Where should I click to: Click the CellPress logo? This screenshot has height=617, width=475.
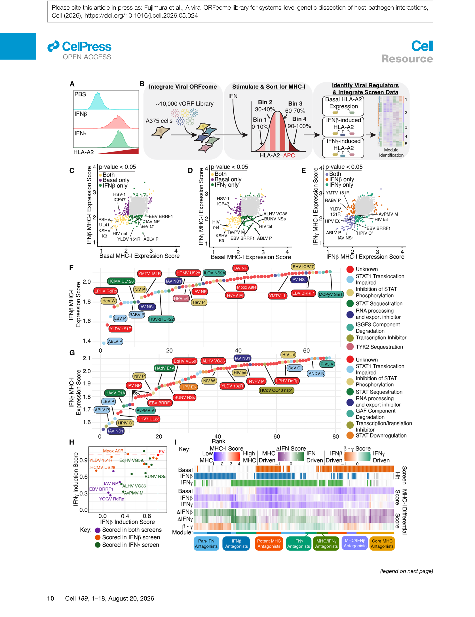[79, 47]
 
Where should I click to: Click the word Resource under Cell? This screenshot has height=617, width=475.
[407, 59]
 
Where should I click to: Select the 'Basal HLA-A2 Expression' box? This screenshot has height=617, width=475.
[343, 106]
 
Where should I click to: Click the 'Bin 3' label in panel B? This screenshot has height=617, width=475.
[295, 104]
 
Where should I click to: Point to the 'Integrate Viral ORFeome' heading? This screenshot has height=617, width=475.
[183, 87]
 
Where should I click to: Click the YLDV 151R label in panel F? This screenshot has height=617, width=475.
[121, 329]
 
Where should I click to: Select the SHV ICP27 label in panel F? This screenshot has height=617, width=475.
[303, 267]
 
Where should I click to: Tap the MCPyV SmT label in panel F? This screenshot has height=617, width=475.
[330, 294]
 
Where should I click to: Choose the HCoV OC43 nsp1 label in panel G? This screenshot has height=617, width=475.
[276, 390]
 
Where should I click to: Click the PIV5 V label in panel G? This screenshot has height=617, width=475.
[327, 364]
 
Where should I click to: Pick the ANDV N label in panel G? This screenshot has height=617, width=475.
[316, 373]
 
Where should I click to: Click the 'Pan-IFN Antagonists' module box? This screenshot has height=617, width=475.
[206, 544]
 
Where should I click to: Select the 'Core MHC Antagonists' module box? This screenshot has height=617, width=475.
[382, 544]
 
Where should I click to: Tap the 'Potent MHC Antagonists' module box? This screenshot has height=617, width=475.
[269, 544]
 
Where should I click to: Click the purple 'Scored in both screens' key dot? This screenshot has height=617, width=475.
[98, 530]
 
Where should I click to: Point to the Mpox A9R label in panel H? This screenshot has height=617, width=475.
[113, 451]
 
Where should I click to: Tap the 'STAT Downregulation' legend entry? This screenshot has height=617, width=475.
[377, 435]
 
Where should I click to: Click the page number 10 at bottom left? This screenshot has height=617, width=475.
[50, 598]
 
